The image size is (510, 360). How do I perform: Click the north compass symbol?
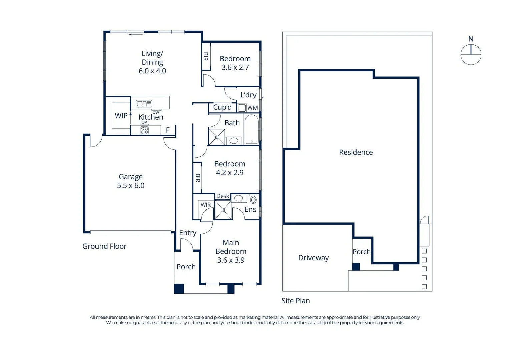click(471, 54)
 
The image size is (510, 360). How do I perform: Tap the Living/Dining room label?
click(152, 62)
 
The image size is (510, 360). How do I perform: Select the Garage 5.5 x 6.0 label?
click(131, 181)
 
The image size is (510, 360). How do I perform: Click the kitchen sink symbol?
click(144, 104)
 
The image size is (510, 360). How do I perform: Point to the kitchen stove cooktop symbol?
click(144, 130)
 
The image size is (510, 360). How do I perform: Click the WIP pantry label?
click(121, 116)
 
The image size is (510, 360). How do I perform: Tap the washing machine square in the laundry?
click(242, 108)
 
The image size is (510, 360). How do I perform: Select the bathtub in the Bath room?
click(251, 129)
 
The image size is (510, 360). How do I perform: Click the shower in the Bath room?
click(217, 137)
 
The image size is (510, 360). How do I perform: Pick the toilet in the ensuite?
click(253, 200)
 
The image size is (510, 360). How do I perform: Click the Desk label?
click(223, 196)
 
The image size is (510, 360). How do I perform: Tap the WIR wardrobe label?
click(205, 205)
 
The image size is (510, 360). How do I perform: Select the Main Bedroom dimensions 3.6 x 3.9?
click(231, 260)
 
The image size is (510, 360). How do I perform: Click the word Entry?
click(188, 233)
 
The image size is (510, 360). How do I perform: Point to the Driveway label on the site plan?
click(313, 258)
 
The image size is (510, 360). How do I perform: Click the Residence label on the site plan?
click(356, 152)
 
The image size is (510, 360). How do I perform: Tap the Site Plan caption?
click(296, 301)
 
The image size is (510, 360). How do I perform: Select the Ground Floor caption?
click(104, 246)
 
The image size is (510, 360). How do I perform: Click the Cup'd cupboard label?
click(222, 107)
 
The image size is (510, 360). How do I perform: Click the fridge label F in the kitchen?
click(168, 130)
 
